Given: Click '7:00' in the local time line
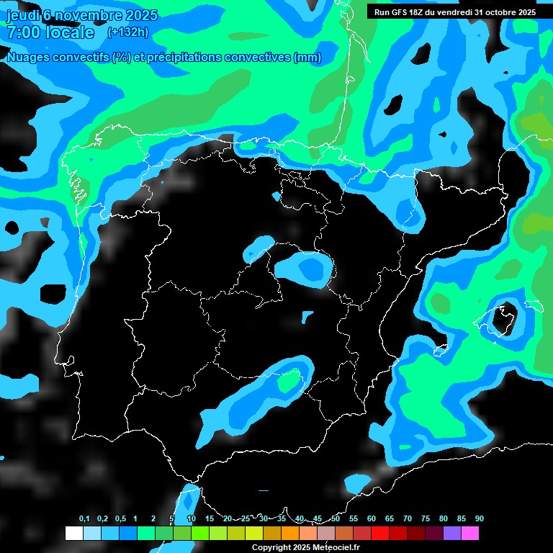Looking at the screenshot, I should pyautogui.click(x=22, y=32).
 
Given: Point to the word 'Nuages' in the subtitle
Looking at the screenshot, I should pyautogui.click(x=29, y=58).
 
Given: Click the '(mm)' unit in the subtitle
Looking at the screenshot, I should pyautogui.click(x=307, y=58).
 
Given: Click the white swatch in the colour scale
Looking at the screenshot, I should pyautogui.click(x=73, y=534).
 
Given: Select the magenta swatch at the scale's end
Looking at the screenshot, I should pyautogui.click(x=469, y=534).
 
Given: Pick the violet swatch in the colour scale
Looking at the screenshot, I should pyautogui.click(x=451, y=534).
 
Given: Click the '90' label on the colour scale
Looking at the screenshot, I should pyautogui.click(x=479, y=519).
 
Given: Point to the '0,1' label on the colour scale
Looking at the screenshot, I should pyautogui.click(x=84, y=519).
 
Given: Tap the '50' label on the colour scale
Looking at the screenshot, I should pyautogui.click(x=336, y=519).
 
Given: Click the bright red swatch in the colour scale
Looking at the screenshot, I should pyautogui.click(x=379, y=534).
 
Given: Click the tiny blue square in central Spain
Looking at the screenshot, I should pyautogui.click(x=307, y=315).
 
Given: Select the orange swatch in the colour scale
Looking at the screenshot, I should pyautogui.click(x=289, y=534).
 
